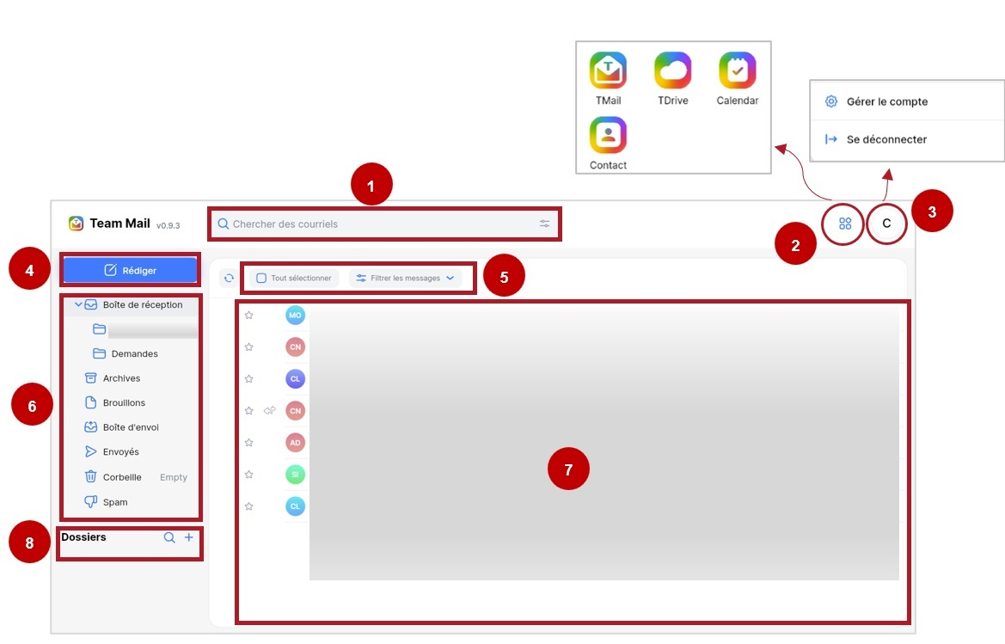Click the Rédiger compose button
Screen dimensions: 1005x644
pos(130,271)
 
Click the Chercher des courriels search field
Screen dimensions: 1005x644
pos(384,224)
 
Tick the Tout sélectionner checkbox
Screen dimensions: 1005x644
pos(261,278)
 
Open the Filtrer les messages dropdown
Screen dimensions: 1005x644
pos(405,278)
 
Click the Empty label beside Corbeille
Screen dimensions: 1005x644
pos(174,477)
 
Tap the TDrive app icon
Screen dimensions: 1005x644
pos(673,71)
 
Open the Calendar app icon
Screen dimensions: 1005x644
pos(738,71)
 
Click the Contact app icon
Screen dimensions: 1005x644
pos(609,135)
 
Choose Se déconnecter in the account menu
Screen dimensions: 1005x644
pos(886,139)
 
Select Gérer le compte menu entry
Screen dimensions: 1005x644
pos(887,101)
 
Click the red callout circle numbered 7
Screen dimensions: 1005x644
pos(568,469)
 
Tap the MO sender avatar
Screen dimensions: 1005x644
pos(295,316)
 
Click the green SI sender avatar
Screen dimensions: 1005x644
pos(295,475)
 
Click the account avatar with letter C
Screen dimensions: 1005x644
pos(887,224)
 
